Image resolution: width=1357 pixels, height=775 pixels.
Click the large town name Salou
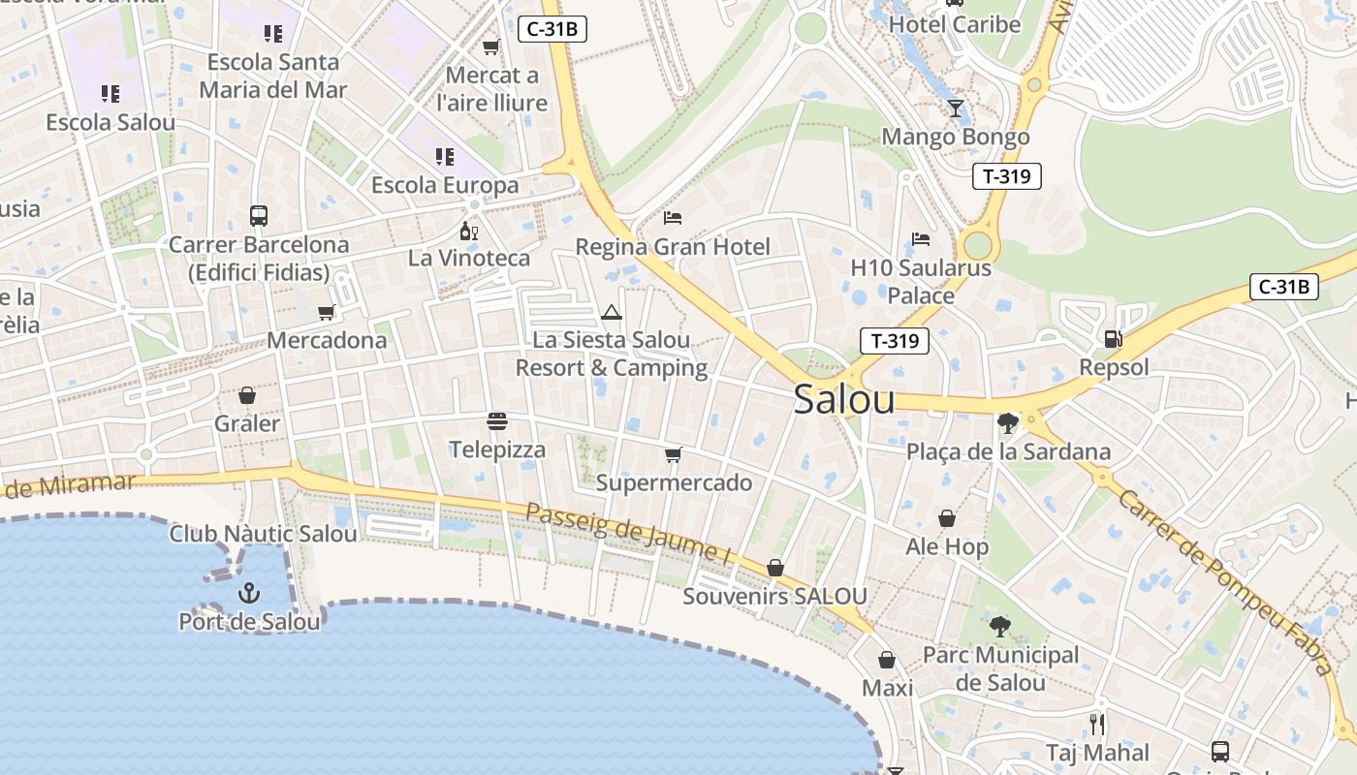[x=843, y=400]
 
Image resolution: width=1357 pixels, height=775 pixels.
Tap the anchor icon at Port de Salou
[x=249, y=591]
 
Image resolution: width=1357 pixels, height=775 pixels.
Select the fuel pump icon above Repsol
[x=1114, y=339]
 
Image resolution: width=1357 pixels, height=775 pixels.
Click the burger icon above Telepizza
[x=497, y=421]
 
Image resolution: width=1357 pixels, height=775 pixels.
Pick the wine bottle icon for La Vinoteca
[x=469, y=231]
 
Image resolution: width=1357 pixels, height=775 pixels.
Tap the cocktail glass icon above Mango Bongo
[x=956, y=108]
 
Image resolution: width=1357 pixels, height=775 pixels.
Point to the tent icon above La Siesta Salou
[x=611, y=312]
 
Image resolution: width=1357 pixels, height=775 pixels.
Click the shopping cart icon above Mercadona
[x=327, y=312]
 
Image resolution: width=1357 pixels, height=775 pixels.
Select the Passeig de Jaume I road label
[x=628, y=533]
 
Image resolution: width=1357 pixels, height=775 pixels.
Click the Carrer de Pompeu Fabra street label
[x=1223, y=581]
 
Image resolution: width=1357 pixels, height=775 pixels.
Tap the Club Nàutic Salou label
[x=263, y=534]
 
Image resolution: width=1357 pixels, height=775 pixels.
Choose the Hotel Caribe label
[x=955, y=24]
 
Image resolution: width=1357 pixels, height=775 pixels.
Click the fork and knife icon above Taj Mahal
[x=1097, y=724]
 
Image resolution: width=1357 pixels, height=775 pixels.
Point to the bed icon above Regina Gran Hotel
[x=673, y=217]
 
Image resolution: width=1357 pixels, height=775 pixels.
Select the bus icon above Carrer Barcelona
[x=258, y=215]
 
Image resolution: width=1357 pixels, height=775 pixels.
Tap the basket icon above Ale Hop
[x=946, y=519]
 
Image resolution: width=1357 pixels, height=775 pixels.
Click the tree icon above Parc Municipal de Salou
[x=1000, y=627]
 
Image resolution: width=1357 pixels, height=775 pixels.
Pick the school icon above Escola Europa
[x=445, y=156]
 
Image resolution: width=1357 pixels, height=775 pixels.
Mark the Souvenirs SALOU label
[x=774, y=596]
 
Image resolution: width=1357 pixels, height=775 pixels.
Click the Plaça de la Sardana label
[x=1008, y=451]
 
